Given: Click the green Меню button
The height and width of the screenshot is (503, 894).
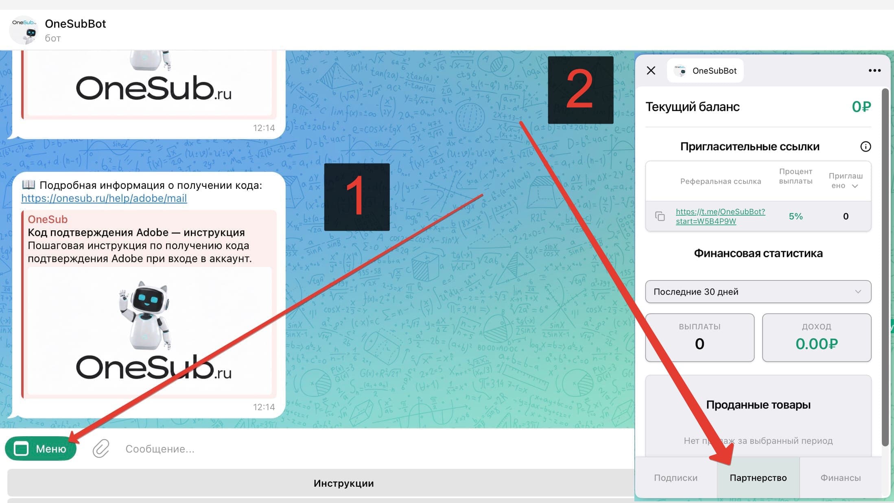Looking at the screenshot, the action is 41,448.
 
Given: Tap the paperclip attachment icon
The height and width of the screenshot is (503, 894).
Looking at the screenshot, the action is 101,448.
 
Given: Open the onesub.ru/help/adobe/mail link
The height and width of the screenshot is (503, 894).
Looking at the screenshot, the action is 104,198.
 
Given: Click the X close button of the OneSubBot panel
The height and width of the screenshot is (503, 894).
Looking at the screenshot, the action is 651,70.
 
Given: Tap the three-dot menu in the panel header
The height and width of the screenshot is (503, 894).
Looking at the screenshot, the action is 874,70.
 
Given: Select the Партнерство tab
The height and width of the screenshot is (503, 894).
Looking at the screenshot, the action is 758,477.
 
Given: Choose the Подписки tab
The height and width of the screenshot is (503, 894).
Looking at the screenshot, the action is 676,477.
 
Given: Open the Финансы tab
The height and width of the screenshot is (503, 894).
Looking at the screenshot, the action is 840,477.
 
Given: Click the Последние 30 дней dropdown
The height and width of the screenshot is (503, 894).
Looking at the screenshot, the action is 758,291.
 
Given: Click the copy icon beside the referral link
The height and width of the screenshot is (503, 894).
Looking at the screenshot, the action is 660,216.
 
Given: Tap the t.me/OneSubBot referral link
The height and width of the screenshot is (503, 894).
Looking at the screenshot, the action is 720,216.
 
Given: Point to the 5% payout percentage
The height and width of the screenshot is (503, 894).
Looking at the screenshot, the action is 796,216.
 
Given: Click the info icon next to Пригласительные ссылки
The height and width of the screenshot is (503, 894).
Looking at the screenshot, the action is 866,147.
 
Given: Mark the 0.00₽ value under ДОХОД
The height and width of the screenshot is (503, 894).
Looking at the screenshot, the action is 817,344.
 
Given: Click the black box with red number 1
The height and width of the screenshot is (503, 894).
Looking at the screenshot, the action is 357,197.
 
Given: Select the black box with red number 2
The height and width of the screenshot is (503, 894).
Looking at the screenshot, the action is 581,90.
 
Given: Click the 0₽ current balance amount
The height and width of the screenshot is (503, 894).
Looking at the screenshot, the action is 861,107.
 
